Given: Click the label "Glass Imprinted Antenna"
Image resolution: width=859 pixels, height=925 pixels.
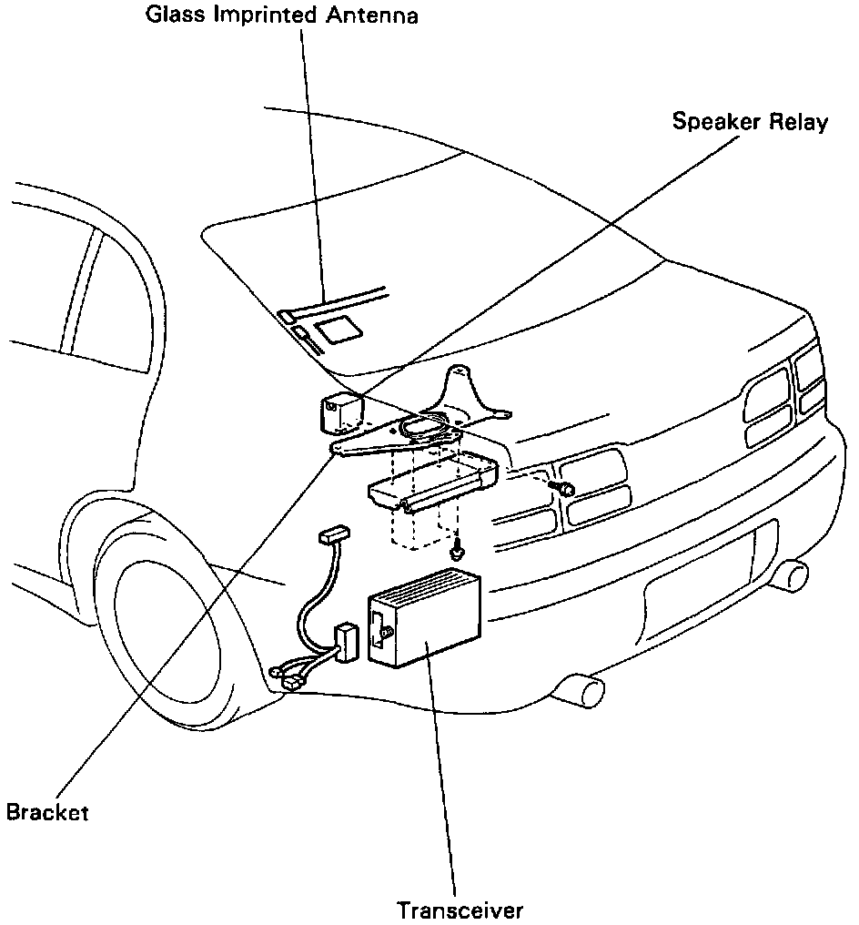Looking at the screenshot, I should click(282, 17).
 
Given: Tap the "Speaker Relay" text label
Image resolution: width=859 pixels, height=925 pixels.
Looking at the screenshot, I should click(750, 122).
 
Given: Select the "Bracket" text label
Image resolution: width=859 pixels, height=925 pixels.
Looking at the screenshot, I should click(47, 811).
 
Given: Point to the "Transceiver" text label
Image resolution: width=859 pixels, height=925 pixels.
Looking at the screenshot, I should click(460, 910).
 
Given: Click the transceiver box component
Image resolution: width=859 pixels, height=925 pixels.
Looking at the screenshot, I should click(424, 618).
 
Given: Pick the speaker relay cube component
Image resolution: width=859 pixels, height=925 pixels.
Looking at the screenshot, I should click(340, 412).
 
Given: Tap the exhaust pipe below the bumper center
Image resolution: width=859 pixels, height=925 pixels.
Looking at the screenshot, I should click(582, 689).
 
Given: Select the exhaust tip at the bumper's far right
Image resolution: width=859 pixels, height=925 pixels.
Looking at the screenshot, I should click(794, 574).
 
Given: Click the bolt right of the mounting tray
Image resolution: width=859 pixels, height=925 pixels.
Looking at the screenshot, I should click(564, 489).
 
